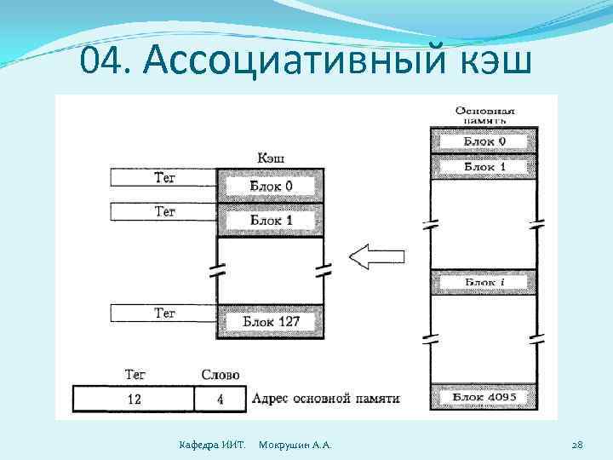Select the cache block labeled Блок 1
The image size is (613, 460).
click(x=270, y=220)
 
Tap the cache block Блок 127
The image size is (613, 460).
click(x=270, y=322)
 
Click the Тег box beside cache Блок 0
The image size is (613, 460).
click(x=164, y=177)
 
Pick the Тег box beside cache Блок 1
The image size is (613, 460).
click(x=164, y=210)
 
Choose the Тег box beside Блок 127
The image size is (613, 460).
click(x=164, y=313)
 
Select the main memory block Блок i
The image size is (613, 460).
click(x=484, y=282)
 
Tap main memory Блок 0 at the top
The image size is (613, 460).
click(x=484, y=141)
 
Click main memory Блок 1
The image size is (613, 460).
click(x=484, y=167)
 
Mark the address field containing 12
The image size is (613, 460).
click(x=134, y=399)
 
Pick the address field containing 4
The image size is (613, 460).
click(x=220, y=399)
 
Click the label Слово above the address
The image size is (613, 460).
click(x=220, y=375)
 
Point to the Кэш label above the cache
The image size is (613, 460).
click(x=270, y=158)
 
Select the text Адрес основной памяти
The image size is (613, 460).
click(x=325, y=399)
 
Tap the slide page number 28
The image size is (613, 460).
click(x=576, y=445)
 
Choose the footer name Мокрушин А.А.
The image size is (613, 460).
click(x=295, y=445)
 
